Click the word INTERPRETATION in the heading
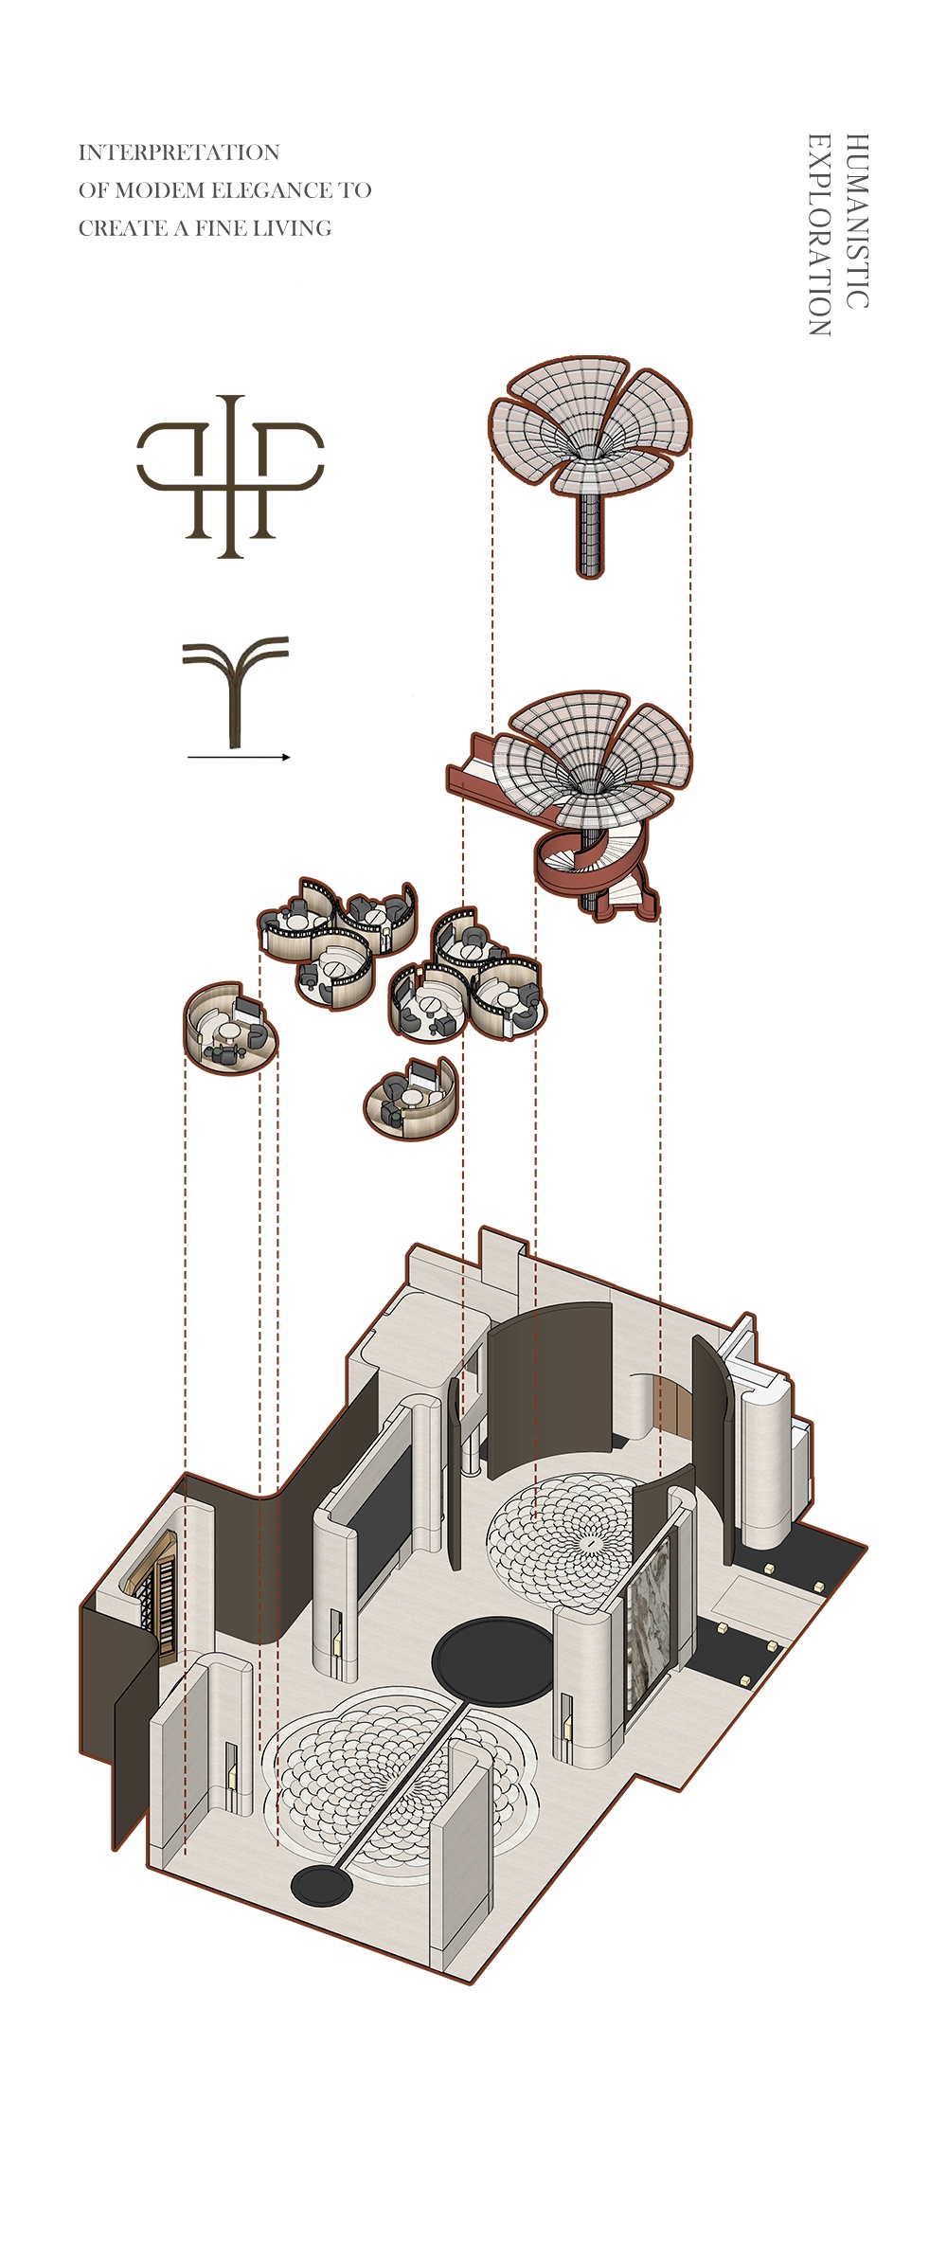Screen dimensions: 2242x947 (178, 152)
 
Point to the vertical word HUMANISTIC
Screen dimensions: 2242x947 (856, 222)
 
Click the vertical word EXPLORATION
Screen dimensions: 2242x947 (819, 235)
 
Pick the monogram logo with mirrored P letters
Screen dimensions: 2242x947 (231, 475)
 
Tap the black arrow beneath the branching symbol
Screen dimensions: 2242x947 (239, 757)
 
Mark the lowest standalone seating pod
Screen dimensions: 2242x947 (410, 1099)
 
